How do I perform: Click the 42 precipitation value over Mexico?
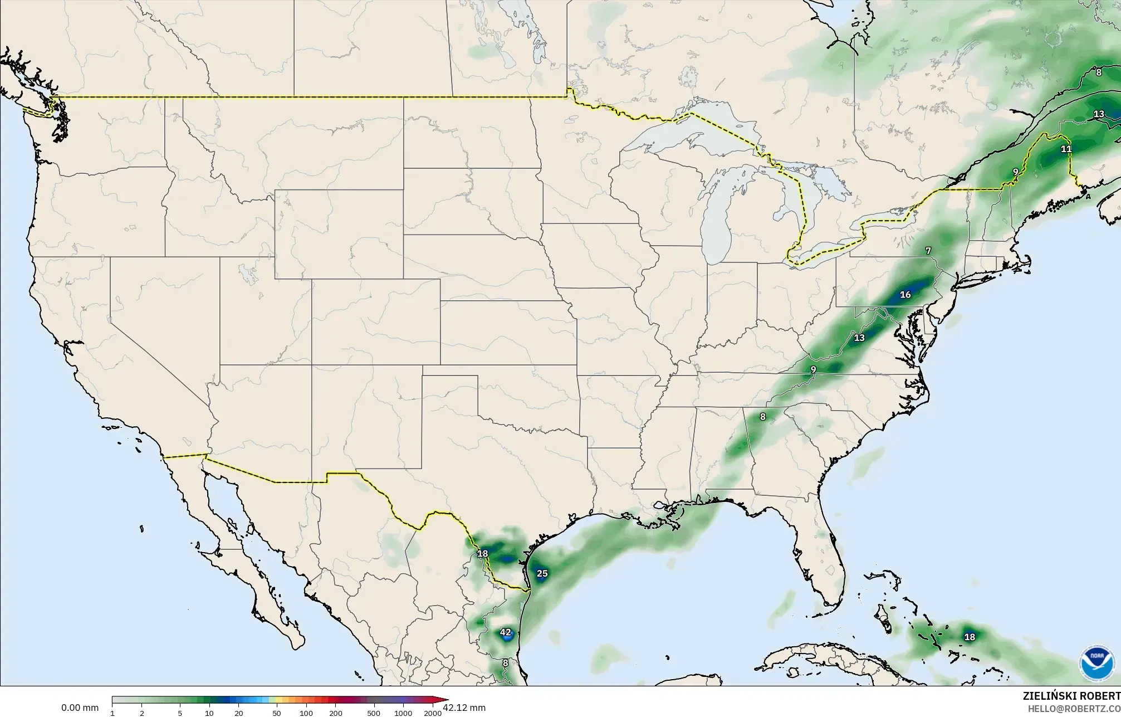(x=505, y=632)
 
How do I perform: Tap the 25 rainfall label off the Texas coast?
(x=542, y=573)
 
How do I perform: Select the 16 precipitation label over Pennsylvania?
(x=905, y=295)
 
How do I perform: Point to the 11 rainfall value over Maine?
(x=1066, y=149)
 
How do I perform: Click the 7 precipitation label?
(x=928, y=251)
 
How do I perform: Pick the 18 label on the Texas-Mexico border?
(x=482, y=553)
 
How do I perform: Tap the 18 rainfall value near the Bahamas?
(x=970, y=637)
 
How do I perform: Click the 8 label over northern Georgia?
(x=762, y=416)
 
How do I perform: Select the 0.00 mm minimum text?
(x=80, y=708)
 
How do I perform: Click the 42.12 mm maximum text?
(x=464, y=708)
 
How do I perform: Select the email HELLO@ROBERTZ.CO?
(x=1074, y=708)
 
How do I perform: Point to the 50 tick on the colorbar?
(x=276, y=713)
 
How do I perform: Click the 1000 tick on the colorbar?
(x=403, y=713)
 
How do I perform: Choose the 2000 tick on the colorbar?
(x=432, y=713)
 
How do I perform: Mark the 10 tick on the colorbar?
(x=209, y=713)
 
